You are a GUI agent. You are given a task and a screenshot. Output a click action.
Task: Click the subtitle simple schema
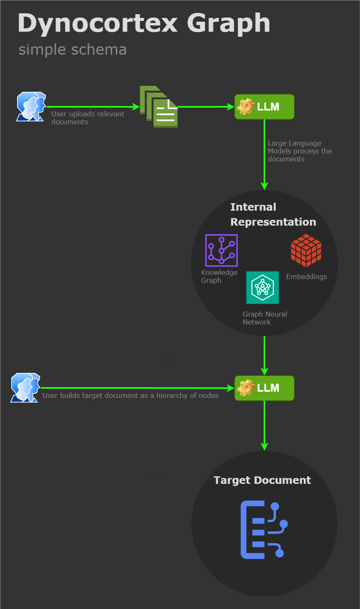pos(73,50)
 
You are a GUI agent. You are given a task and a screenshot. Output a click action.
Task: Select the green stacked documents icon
pos(159,107)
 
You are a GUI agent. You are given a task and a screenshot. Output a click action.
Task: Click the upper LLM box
pos(264,107)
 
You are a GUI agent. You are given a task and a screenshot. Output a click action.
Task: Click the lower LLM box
pos(264,388)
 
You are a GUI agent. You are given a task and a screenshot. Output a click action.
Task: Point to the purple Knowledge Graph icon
pos(221,250)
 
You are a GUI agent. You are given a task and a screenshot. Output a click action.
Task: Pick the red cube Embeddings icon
pos(306,250)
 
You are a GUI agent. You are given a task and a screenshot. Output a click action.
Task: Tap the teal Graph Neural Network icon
pos(262,287)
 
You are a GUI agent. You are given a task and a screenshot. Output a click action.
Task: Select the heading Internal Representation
pos(273,214)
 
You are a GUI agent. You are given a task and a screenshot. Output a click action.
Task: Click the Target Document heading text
pos(262,480)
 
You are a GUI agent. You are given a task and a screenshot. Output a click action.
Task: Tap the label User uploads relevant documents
pos(88,118)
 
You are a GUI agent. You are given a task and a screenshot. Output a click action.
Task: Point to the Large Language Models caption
pos(300,151)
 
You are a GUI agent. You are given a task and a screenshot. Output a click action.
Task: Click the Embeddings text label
pos(306,277)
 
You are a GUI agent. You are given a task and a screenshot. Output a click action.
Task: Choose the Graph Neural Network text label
pos(264,318)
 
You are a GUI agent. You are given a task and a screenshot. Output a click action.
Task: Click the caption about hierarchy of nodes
pos(131,395)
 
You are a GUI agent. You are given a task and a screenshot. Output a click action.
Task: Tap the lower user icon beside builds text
pos(25,388)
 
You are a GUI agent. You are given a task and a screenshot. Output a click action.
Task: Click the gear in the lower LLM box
pos(246,388)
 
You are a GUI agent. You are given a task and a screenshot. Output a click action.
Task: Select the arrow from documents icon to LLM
pos(206,107)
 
